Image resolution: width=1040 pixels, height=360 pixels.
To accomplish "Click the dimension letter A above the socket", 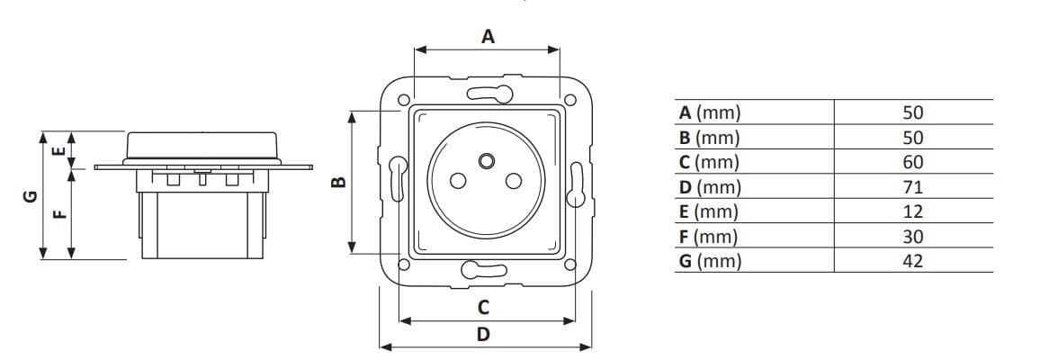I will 488,37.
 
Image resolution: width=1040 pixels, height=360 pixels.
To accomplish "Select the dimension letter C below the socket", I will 483,307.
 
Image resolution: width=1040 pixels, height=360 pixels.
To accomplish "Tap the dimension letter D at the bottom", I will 483,334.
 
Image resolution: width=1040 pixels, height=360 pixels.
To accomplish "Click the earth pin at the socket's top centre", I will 487,161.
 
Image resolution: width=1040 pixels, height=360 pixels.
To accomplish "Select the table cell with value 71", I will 913,187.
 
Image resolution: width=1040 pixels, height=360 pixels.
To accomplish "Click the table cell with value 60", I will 913,163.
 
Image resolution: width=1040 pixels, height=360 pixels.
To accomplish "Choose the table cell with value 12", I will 913,212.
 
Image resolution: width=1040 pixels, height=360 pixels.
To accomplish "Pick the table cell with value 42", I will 913,262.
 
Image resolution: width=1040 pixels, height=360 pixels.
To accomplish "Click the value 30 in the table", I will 913,237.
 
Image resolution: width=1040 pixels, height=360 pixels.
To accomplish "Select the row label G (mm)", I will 710,262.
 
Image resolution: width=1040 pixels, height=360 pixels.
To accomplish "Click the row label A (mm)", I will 710,113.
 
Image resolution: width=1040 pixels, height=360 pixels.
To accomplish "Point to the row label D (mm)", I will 710,187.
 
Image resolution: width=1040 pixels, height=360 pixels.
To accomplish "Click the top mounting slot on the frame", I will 487,93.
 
